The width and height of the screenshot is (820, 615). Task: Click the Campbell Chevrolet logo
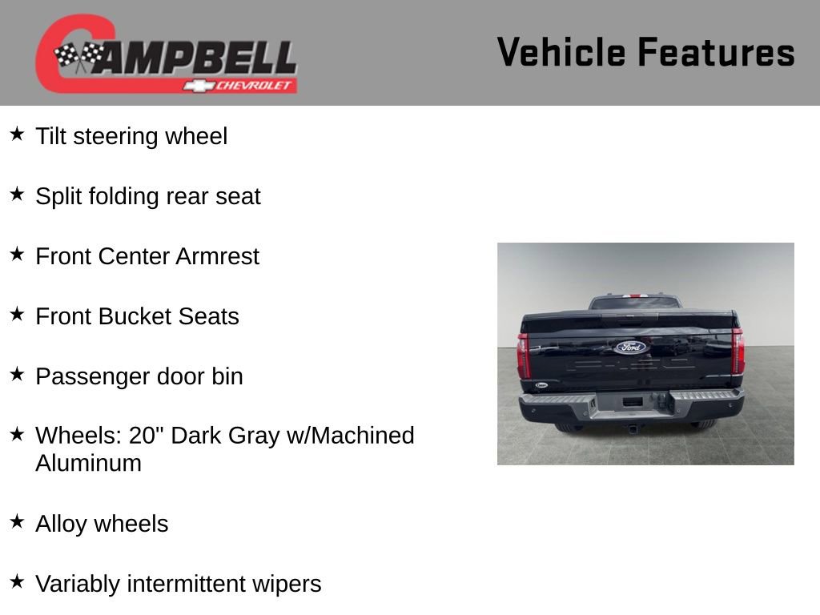tap(167, 54)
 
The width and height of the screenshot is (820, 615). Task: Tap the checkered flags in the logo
tap(78, 56)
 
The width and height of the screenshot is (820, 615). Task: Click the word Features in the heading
tap(716, 52)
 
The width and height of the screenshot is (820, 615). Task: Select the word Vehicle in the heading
tap(561, 52)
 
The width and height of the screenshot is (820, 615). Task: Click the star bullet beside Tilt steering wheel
tap(17, 134)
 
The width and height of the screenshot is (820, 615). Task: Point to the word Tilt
tap(50, 136)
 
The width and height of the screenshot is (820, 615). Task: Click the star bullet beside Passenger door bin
tap(17, 374)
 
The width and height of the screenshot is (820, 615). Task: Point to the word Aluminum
tap(88, 463)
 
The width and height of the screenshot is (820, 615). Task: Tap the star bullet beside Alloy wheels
tap(17, 521)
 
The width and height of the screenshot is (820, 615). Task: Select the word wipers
tap(288, 584)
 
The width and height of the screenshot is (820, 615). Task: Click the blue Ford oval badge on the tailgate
tap(630, 347)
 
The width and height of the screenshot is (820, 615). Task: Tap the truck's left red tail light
tap(524, 356)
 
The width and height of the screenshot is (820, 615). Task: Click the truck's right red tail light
tap(738, 352)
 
